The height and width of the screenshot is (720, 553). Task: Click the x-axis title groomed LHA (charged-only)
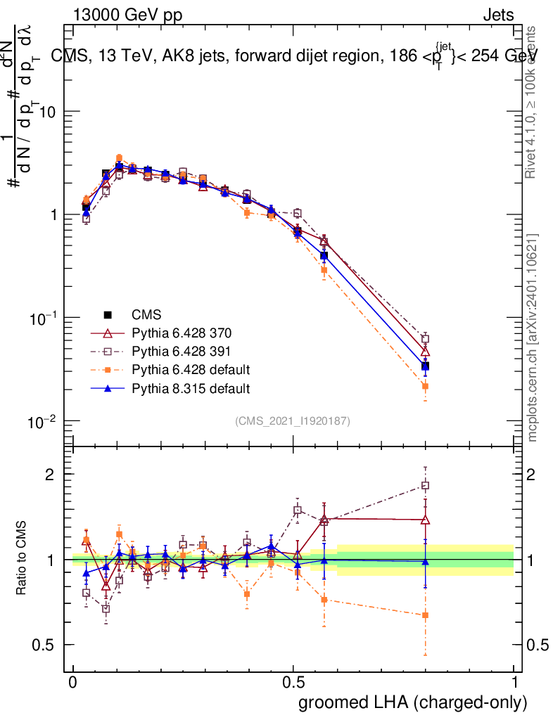pos(413,702)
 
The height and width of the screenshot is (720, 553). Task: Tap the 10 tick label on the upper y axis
pos(46,112)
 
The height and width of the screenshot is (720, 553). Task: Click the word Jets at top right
pos(498,15)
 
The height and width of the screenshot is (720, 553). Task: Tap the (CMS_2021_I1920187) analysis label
pos(293,420)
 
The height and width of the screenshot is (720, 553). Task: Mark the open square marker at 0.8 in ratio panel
pos(425,485)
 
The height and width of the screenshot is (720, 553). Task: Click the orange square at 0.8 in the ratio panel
pos(425,615)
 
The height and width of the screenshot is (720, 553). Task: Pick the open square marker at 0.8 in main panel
pos(425,338)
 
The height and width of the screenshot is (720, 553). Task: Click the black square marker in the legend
pos(108,314)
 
